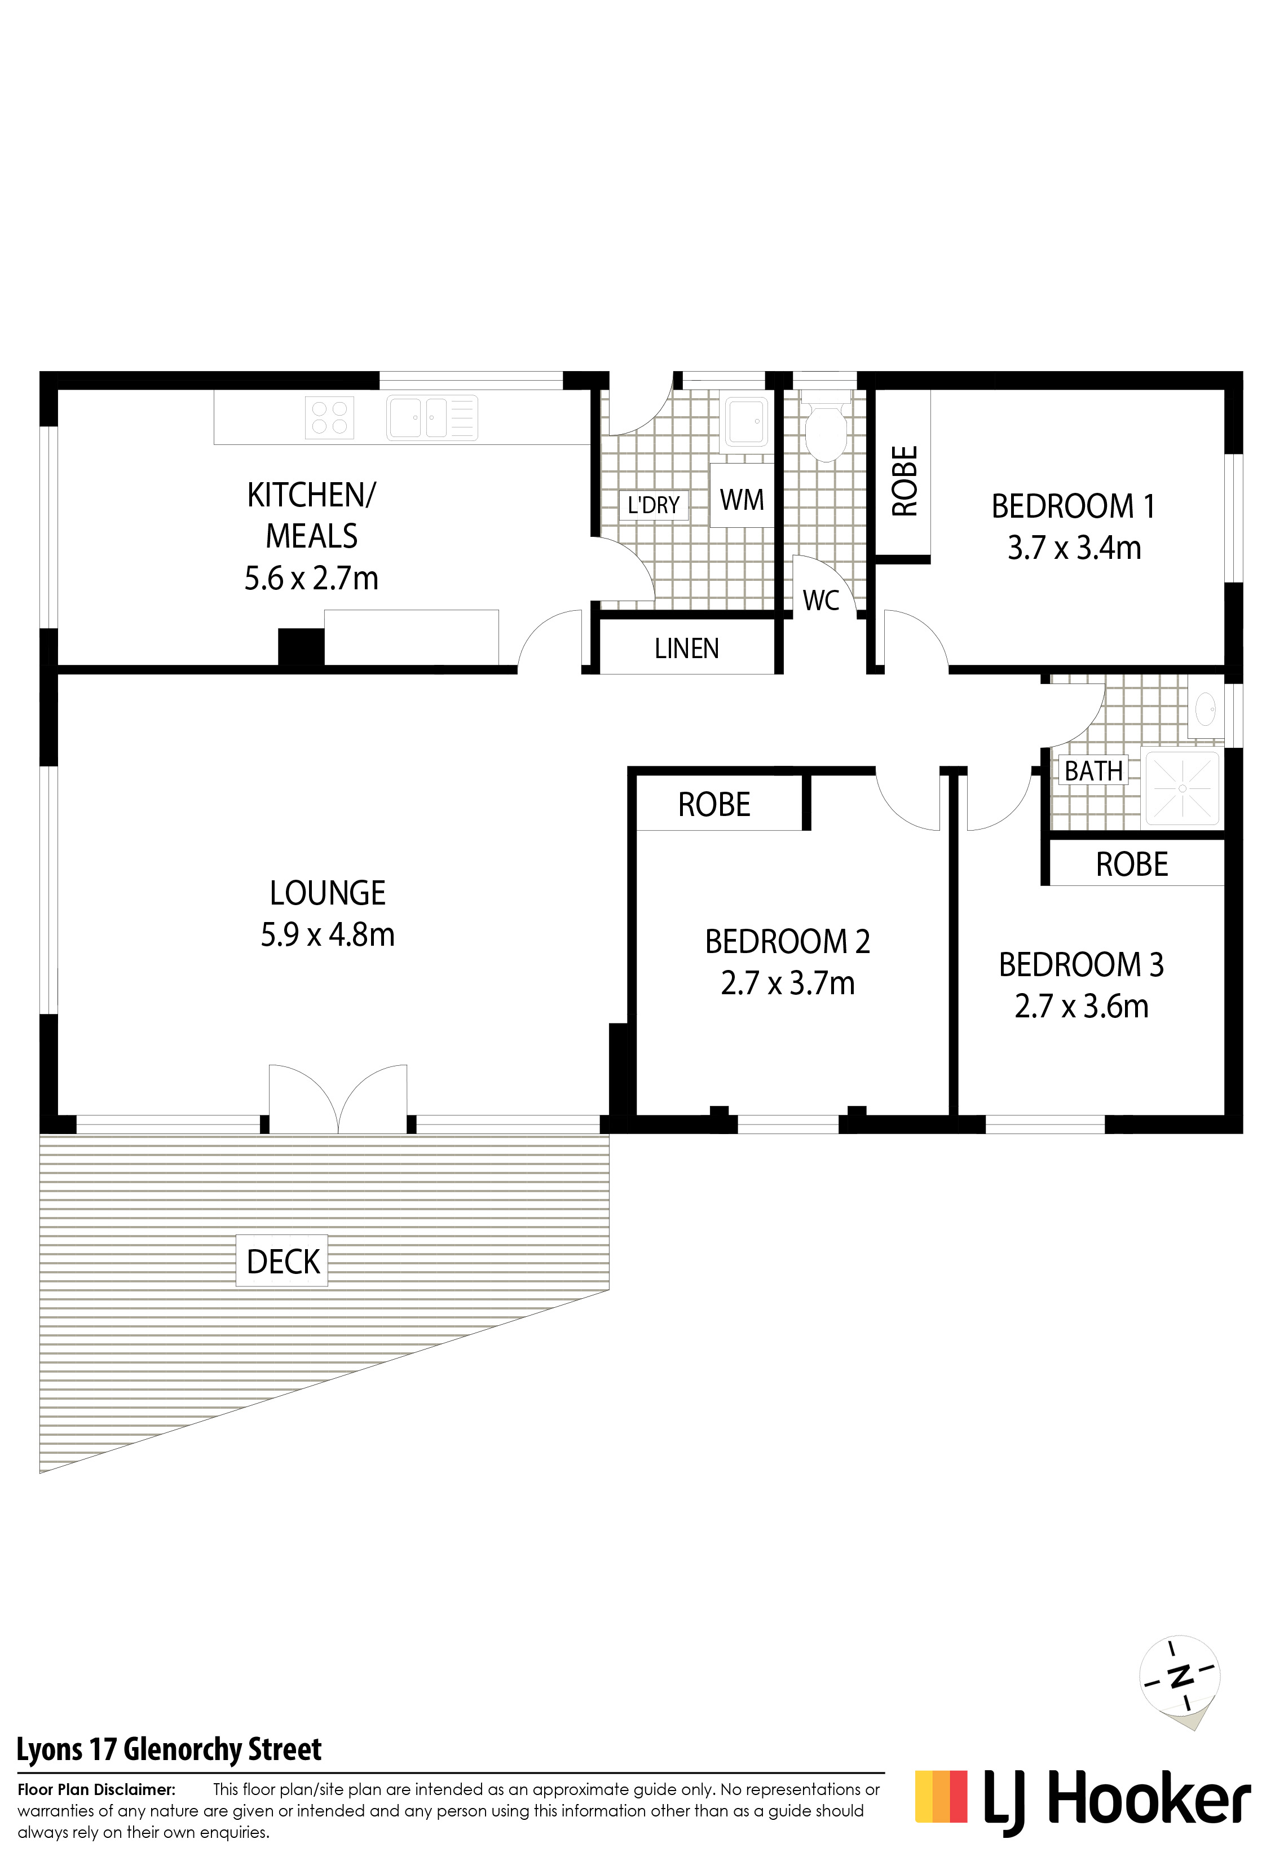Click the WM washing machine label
point(742,500)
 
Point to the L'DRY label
point(654,505)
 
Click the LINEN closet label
point(686,649)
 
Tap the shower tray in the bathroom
point(1182,788)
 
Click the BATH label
point(1093,771)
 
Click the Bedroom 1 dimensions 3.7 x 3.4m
point(1074,549)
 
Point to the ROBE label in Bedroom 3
point(1132,865)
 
